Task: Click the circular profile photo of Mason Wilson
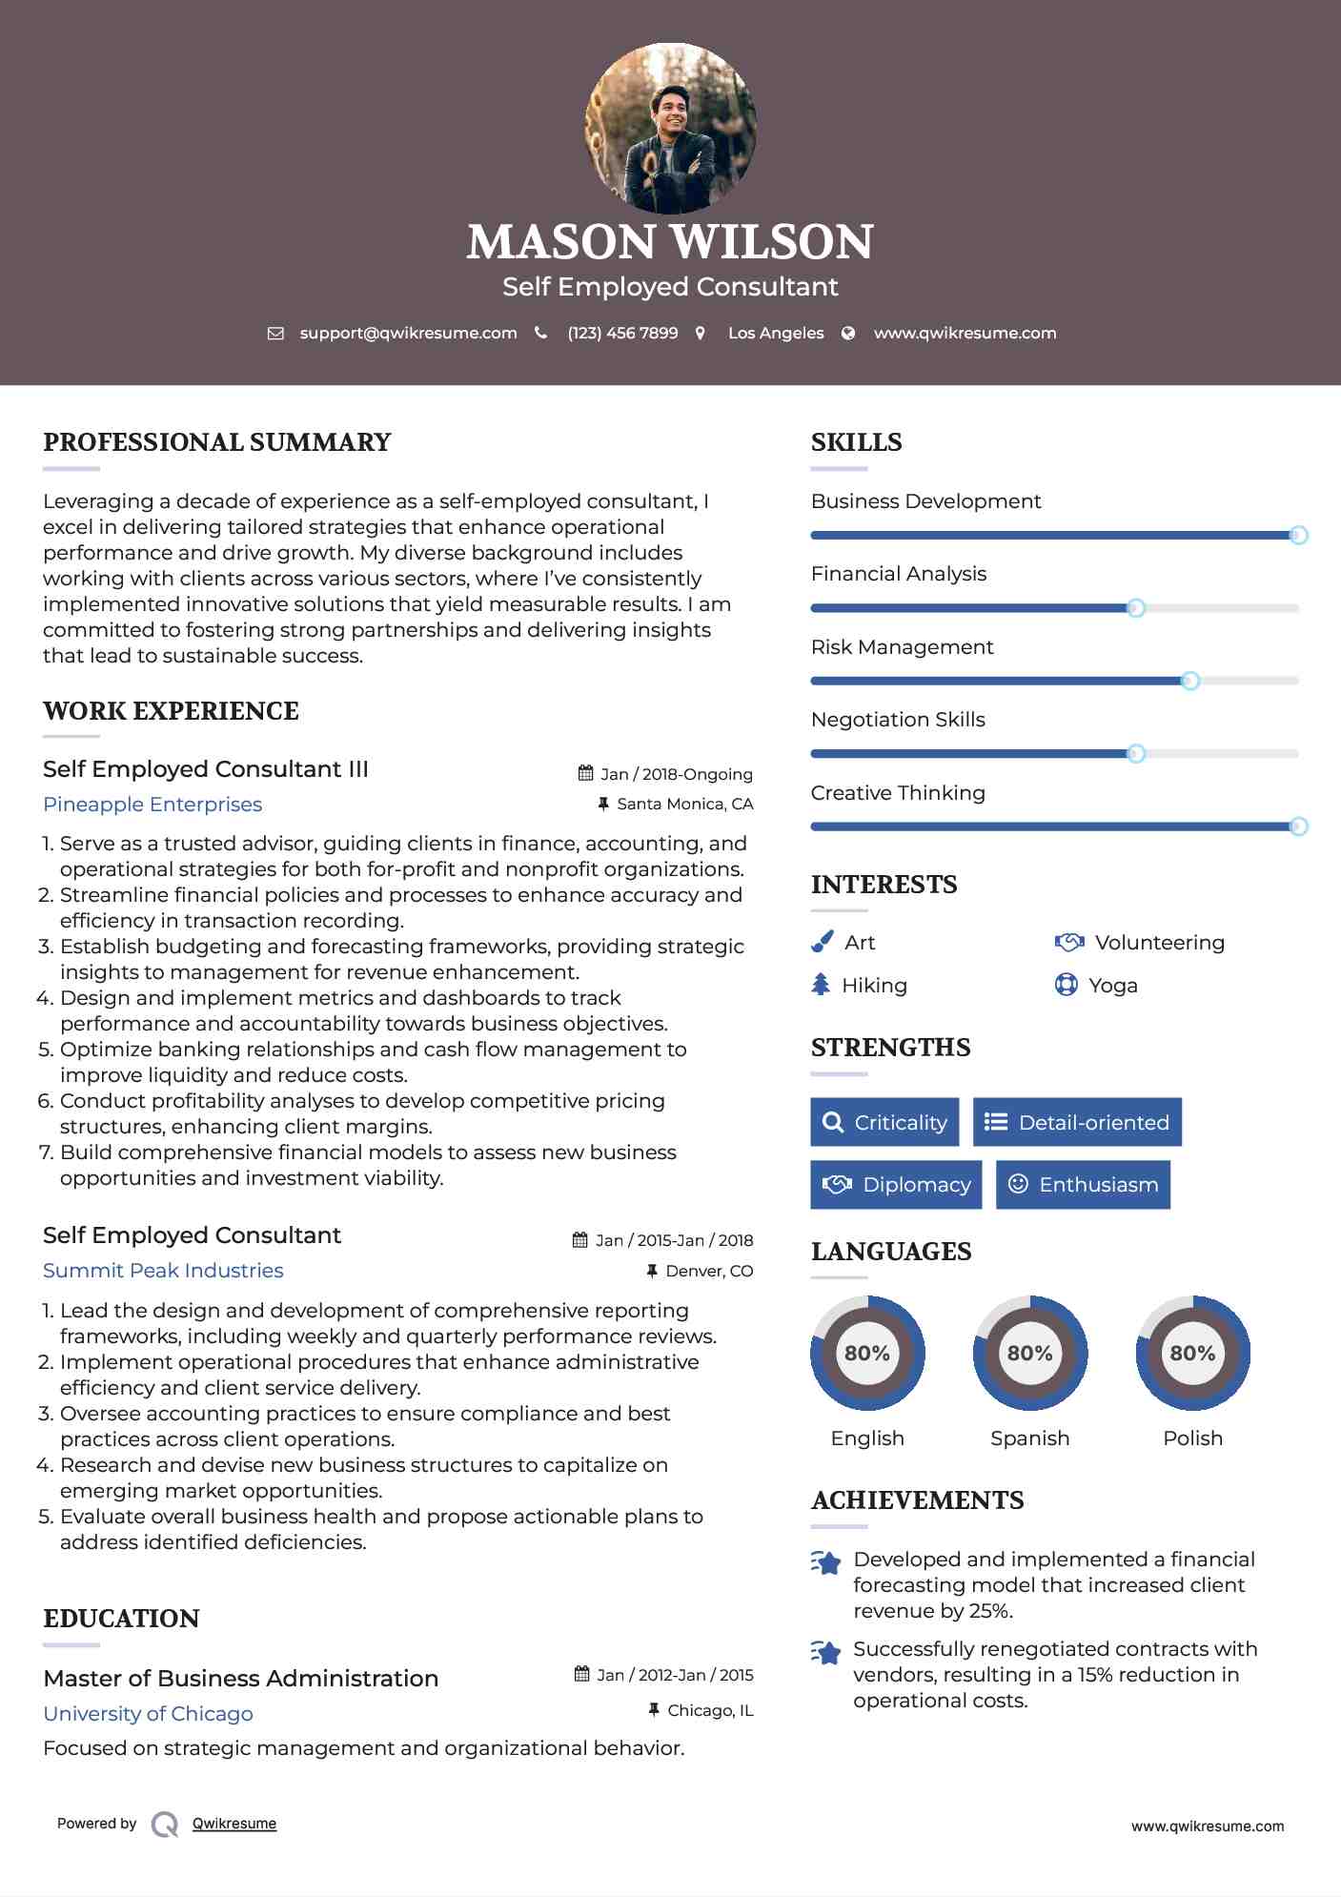click(670, 128)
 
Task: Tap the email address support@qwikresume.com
click(408, 333)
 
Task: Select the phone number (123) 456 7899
click(622, 333)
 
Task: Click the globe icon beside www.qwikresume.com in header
click(848, 333)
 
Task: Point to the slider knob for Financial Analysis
click(1135, 608)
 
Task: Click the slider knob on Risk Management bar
click(1189, 681)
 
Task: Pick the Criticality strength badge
click(884, 1122)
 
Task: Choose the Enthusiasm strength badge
click(1083, 1184)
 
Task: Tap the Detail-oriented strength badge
click(1077, 1122)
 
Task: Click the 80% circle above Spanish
click(1029, 1353)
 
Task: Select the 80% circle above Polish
click(1192, 1353)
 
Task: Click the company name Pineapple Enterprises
click(152, 805)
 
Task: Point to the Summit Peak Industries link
click(163, 1271)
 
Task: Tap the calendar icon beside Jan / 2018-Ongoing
click(585, 773)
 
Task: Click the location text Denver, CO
click(709, 1271)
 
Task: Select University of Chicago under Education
click(148, 1714)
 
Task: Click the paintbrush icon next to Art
click(822, 942)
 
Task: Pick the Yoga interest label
click(1113, 985)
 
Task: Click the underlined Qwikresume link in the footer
click(234, 1824)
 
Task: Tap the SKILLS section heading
click(856, 442)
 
